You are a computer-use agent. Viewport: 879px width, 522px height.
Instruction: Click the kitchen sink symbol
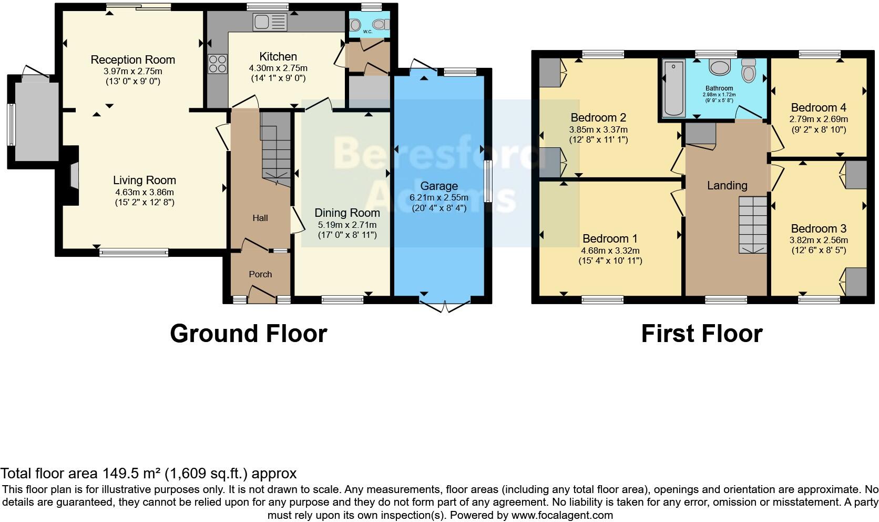269,22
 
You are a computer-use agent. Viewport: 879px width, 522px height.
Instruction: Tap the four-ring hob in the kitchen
217,64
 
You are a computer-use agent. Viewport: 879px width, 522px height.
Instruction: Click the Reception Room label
132,59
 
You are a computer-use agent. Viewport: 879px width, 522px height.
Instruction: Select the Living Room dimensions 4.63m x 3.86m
144,192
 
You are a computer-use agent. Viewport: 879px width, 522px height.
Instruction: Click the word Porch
260,274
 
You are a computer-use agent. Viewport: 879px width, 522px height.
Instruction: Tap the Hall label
260,218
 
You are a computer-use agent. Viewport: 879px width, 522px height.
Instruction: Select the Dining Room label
347,213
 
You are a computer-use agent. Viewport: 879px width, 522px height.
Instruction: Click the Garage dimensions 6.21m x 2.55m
439,197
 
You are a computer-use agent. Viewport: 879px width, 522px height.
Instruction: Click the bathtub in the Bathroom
673,88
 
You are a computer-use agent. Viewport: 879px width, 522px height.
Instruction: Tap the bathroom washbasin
718,67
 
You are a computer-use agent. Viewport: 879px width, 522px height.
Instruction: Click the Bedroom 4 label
818,107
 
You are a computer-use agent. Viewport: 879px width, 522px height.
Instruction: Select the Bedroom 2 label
598,117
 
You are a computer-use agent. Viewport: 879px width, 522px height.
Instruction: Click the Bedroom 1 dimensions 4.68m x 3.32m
610,250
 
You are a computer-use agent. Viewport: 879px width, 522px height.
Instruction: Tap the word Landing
727,185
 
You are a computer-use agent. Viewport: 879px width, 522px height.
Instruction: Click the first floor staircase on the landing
753,225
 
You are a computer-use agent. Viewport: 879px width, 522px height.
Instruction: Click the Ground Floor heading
248,334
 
